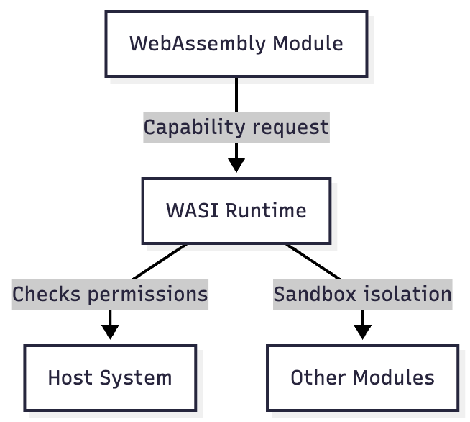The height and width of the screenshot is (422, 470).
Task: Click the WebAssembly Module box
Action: (236, 44)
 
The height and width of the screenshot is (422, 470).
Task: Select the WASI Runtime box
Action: (236, 211)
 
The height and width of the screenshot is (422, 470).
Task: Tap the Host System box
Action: (110, 378)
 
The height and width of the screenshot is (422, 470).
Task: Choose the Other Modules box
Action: (363, 378)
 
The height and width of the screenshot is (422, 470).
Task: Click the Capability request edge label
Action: (236, 127)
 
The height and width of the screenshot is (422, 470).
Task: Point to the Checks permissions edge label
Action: (110, 295)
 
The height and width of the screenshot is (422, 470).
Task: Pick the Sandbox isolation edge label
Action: (363, 295)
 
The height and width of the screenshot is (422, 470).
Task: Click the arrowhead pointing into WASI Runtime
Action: (236, 165)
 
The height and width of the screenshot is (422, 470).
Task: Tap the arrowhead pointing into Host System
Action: (110, 332)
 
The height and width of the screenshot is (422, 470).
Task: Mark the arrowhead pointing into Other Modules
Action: (363, 332)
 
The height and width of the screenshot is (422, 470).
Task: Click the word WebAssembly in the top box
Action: (198, 45)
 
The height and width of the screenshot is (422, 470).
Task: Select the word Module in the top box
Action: (308, 44)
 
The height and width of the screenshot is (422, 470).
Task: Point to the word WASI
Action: (193, 210)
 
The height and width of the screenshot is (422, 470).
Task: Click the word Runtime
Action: (266, 210)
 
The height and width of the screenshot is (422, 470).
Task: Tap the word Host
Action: (70, 377)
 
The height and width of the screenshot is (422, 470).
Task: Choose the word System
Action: (136, 379)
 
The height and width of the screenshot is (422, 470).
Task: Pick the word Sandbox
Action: (315, 294)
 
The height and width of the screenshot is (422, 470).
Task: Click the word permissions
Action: (148, 295)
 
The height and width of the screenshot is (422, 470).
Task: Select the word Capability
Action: (195, 128)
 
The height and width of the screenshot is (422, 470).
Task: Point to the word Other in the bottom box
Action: (318, 377)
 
